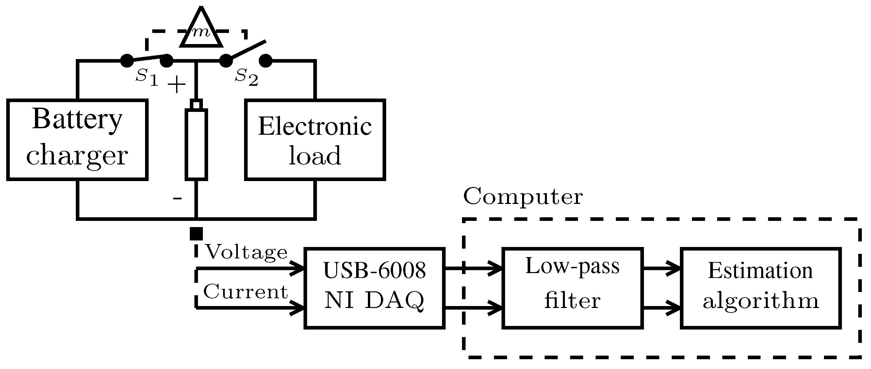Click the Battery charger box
click(x=77, y=139)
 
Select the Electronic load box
click(x=315, y=139)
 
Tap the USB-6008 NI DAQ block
click(x=374, y=288)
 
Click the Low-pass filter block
click(x=572, y=288)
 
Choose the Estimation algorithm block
click(x=761, y=288)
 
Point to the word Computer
click(x=522, y=196)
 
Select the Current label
click(x=245, y=291)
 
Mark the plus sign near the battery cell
click(x=176, y=85)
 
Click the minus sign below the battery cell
click(x=177, y=198)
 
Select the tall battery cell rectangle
click(x=196, y=144)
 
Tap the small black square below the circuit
click(x=196, y=234)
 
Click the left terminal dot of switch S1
click(x=127, y=61)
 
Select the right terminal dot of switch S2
click(x=266, y=61)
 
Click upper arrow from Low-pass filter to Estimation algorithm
click(x=662, y=269)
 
